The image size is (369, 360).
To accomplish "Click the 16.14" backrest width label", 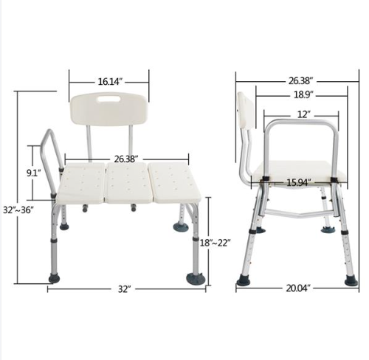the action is click(110, 82).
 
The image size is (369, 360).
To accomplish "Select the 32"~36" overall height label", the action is click(18, 210).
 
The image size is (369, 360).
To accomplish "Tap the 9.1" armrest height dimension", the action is click(34, 173).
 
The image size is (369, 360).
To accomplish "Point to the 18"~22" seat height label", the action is click(215, 243).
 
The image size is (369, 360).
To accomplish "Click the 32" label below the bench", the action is click(123, 289).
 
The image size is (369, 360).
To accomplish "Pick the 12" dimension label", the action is click(303, 114).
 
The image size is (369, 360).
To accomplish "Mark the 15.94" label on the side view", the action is click(299, 182).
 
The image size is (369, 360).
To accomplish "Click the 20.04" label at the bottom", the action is click(298, 288).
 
